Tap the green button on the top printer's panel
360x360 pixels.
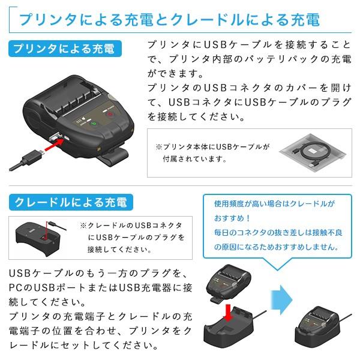94,125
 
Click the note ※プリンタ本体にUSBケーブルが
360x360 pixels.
213,146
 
